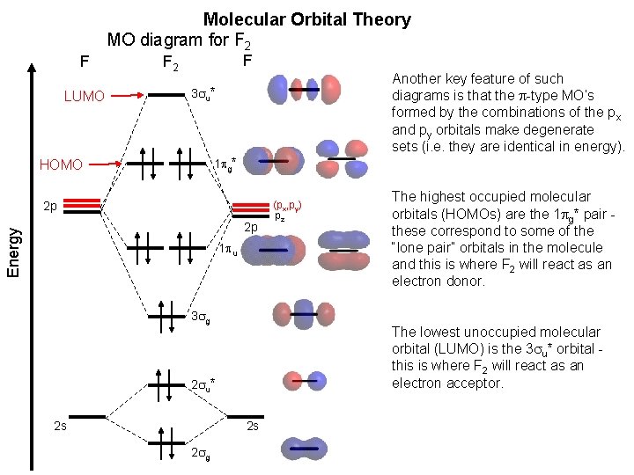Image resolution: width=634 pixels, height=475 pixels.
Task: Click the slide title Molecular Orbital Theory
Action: [x=306, y=18]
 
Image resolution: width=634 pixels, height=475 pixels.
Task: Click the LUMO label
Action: [x=85, y=96]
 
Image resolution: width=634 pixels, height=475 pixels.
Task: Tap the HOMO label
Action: [x=61, y=164]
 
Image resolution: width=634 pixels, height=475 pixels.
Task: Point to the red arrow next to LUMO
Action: [x=129, y=92]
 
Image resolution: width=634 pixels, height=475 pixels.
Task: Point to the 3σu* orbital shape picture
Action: [x=304, y=90]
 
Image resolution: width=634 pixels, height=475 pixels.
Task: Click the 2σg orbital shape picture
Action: [x=305, y=448]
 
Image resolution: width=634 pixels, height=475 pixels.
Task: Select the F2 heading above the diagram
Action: [x=171, y=63]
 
